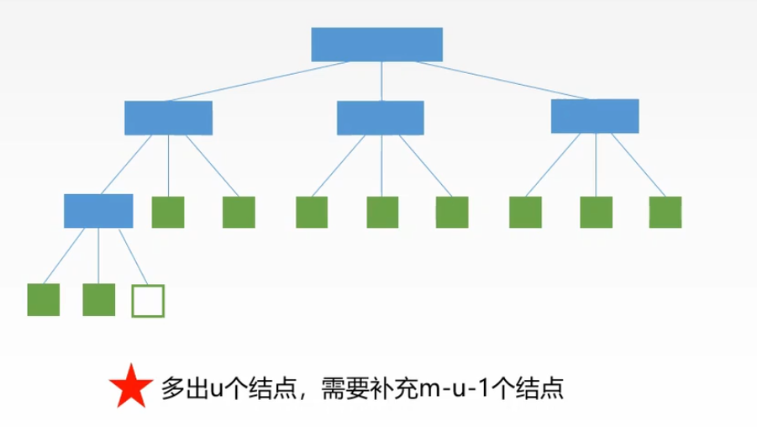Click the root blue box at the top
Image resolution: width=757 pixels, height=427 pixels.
coord(376,45)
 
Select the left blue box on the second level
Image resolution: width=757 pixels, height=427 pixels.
coord(168,118)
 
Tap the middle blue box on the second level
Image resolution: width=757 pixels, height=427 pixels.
coord(380,118)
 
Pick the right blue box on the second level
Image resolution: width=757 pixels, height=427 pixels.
coord(595,116)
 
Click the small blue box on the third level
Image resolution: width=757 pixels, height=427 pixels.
coord(98,211)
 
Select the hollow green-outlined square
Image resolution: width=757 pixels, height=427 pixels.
coord(148,301)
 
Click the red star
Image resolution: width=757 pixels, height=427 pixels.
coord(129,387)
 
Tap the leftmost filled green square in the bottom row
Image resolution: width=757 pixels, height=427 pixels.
coord(44,300)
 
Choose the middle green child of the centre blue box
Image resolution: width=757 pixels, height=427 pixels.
coord(383,213)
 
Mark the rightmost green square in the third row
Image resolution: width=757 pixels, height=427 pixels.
coord(665,213)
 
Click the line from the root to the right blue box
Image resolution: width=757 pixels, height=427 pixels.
coord(496,82)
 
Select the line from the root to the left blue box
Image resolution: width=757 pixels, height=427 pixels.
coord(260,81)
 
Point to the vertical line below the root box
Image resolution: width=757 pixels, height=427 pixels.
coord(381,82)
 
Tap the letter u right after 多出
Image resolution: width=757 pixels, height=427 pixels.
coord(213,389)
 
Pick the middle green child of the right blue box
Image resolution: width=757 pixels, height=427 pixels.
coord(597,213)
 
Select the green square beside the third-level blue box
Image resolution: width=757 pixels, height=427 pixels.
coord(168,213)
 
